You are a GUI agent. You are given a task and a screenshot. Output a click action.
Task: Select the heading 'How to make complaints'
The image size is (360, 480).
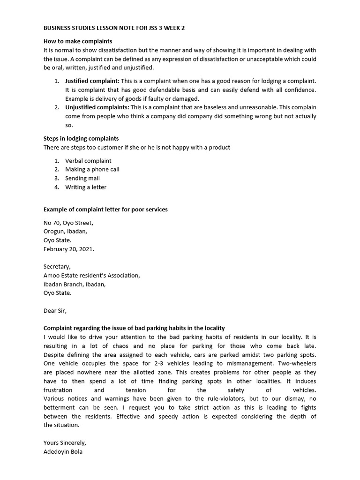coord(78,41)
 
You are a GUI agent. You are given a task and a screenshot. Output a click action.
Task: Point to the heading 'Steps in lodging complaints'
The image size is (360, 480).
coord(81,138)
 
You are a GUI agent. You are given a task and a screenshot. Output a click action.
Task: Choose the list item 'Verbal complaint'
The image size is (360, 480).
coord(88,161)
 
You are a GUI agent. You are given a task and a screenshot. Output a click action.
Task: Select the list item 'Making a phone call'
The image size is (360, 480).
coord(92,169)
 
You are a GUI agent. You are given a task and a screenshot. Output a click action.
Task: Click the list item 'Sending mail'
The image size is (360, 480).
coord(82,178)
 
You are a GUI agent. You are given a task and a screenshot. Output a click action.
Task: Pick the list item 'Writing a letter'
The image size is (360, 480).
coord(86,187)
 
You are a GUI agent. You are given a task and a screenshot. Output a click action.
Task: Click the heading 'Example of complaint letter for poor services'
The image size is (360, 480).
coord(105,210)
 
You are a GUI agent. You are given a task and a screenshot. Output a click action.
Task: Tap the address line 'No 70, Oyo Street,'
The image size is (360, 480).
coord(68,223)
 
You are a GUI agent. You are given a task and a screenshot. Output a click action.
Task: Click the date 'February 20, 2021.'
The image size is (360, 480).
coord(69,249)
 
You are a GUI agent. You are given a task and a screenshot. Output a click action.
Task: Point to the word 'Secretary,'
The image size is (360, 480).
coord(57,267)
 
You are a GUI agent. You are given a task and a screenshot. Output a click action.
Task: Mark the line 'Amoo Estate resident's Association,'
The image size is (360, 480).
coord(92,276)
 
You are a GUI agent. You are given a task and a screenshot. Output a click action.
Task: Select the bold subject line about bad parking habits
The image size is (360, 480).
coord(134,328)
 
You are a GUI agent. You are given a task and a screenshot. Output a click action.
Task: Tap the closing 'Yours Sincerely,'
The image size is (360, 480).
coord(65,442)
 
